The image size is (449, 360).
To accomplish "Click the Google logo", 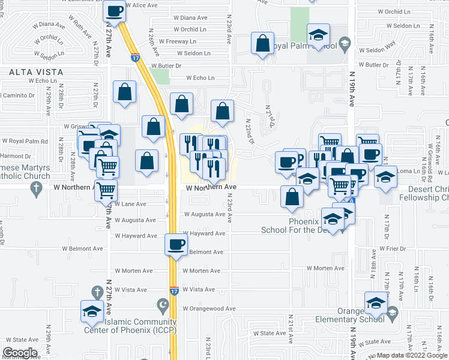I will [x=20, y=353].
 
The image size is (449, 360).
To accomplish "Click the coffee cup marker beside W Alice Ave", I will [x=115, y=11].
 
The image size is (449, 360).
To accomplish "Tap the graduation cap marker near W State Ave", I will [x=92, y=311].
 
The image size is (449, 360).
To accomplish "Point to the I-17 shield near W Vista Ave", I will [x=173, y=291].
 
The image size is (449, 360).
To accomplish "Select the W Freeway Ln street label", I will [x=189, y=41].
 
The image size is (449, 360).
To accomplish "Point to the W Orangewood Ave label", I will [x=209, y=308].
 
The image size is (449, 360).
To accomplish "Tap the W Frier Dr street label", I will [x=393, y=248].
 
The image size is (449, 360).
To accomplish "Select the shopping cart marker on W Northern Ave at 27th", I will [x=106, y=190].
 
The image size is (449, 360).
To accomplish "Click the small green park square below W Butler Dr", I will [x=160, y=76].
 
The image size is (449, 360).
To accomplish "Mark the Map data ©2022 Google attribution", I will [x=411, y=355].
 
